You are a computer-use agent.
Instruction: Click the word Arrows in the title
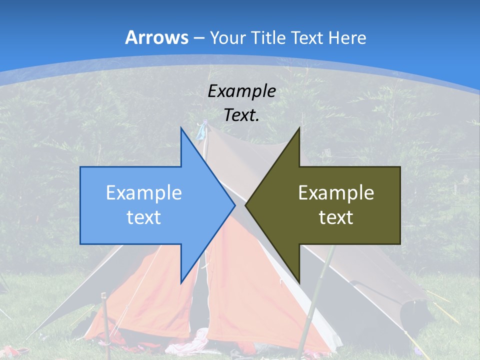156,37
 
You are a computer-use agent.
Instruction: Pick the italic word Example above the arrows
241,91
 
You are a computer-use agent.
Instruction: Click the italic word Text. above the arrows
241,115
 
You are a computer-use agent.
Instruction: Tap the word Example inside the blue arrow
144,193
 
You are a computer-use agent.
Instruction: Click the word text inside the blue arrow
144,217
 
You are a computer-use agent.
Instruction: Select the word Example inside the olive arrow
336,193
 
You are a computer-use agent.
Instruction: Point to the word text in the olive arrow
336,217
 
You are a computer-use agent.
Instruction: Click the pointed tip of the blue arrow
234,205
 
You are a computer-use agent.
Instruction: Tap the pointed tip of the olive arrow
246,205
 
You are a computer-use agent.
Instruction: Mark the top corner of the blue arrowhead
181,128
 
